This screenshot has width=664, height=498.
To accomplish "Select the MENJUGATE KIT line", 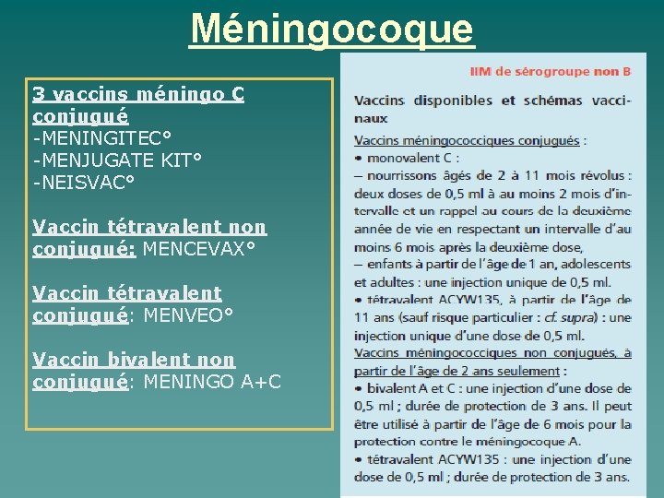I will (x=117, y=160).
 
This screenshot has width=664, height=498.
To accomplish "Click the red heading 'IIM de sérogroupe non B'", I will (x=551, y=70).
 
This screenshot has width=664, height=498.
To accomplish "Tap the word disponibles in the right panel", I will (x=453, y=101).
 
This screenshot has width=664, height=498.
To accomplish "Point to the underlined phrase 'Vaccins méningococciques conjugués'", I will (x=467, y=141).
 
